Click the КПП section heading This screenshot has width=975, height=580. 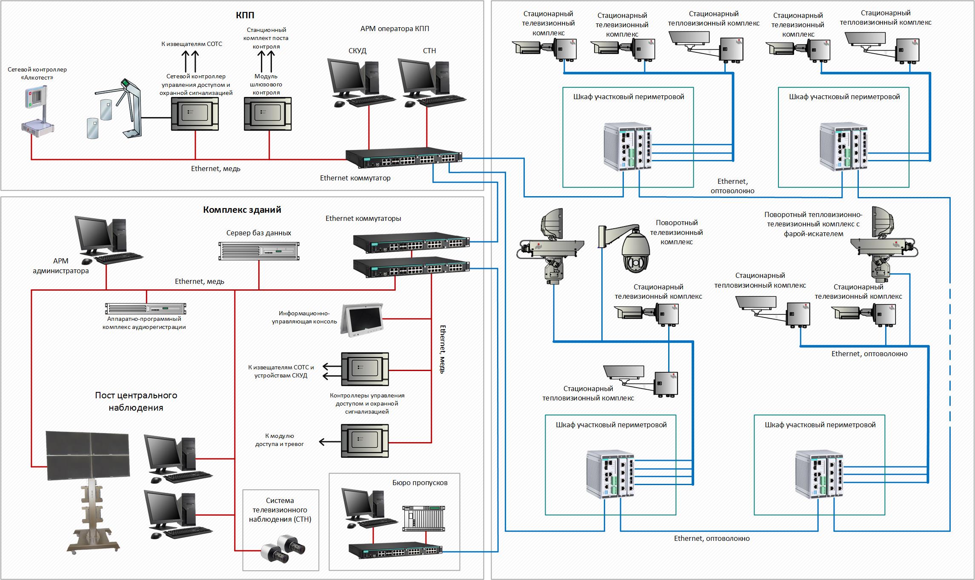[245, 15]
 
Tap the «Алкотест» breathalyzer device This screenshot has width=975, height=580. [37, 111]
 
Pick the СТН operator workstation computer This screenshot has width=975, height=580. [426, 83]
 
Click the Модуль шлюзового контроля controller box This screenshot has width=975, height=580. [268, 114]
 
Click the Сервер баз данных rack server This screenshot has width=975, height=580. [259, 251]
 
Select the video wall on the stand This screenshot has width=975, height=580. [87, 456]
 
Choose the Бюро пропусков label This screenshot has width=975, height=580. [420, 483]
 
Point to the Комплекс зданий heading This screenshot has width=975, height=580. [242, 210]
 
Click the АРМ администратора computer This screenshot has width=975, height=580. [104, 239]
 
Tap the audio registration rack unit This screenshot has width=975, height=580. [146, 308]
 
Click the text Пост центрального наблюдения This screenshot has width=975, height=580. [136, 401]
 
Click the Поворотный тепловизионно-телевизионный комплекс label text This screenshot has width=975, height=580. [813, 224]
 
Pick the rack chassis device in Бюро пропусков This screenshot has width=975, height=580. [423, 518]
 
